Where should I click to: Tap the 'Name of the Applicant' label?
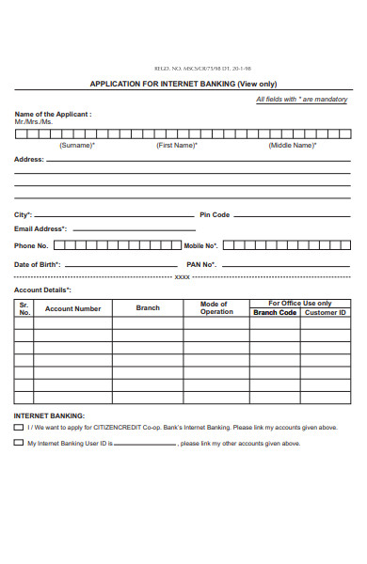(x=53, y=114)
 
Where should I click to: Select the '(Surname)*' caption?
(x=77, y=146)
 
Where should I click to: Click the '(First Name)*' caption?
(x=177, y=146)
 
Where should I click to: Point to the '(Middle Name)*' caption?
(x=292, y=146)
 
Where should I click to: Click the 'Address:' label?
(x=29, y=160)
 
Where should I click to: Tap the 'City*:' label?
(x=24, y=215)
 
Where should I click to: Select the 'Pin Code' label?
(x=215, y=215)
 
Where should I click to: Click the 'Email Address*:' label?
(x=40, y=228)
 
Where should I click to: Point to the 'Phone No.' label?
(x=31, y=245)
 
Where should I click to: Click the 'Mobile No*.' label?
(x=200, y=245)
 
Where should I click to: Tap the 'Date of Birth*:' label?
(x=38, y=264)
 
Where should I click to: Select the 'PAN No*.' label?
(x=201, y=264)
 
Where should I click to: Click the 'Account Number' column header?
(x=72, y=308)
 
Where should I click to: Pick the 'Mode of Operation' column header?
(x=215, y=308)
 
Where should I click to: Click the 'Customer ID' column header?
(x=326, y=312)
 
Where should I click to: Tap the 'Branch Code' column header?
(x=275, y=312)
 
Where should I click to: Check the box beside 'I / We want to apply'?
(x=19, y=427)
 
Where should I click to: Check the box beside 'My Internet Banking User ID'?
(x=19, y=443)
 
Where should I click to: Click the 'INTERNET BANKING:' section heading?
(x=49, y=415)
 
